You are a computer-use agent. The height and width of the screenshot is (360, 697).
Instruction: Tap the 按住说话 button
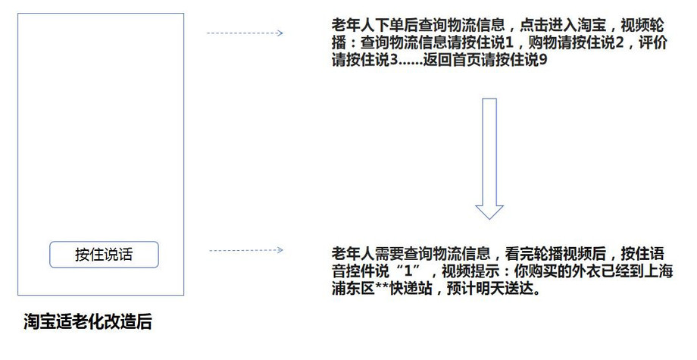pos(104,255)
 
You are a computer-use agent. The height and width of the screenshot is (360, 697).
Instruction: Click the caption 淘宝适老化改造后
pos(88,321)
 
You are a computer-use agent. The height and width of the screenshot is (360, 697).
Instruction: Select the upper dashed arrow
pos(245,33)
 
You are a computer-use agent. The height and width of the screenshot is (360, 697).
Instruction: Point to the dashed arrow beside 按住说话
pos(245,250)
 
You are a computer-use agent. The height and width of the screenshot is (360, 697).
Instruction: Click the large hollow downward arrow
pos(489,158)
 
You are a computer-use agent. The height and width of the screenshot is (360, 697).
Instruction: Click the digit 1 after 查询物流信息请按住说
pos(509,42)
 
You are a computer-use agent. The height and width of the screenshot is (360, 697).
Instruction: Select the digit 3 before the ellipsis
pos(394,60)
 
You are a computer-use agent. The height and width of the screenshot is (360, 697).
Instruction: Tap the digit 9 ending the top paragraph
pos(542,60)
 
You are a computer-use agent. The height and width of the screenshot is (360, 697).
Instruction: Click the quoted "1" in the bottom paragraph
pos(408,271)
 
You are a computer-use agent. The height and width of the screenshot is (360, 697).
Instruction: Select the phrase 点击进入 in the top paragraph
pos(549,25)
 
